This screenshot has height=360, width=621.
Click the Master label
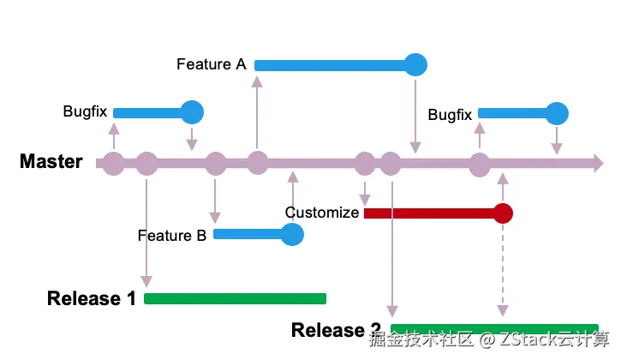(x=51, y=161)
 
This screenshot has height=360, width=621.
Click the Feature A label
(x=212, y=64)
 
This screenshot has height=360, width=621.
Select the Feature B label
(x=172, y=235)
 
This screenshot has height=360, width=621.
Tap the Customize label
(x=322, y=213)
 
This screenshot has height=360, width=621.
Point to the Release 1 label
(x=92, y=298)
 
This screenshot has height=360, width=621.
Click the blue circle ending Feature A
(x=415, y=64)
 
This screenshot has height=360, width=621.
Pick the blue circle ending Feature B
(x=292, y=234)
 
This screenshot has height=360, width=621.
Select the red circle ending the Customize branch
(x=503, y=213)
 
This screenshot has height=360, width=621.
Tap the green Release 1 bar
(x=236, y=298)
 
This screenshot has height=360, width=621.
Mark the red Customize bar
(x=428, y=213)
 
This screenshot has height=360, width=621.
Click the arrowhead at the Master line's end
(x=597, y=163)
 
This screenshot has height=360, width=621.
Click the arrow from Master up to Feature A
(x=257, y=116)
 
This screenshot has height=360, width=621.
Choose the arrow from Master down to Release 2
(x=391, y=249)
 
